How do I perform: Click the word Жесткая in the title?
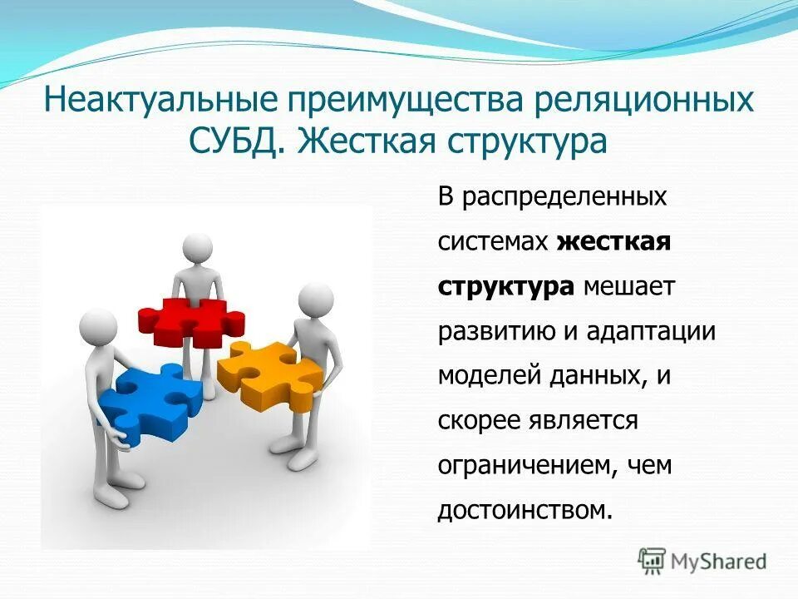click(358, 141)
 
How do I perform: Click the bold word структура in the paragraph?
click(506, 286)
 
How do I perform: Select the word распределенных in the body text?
click(564, 198)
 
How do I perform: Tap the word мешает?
click(630, 286)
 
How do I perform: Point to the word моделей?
click(488, 376)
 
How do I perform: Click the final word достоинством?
click(525, 510)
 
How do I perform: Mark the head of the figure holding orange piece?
click(315, 300)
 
